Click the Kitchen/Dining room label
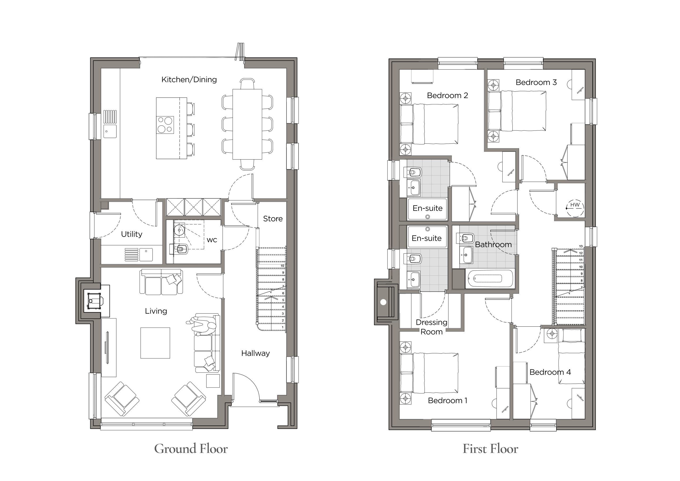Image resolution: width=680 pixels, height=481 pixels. tap(189, 80)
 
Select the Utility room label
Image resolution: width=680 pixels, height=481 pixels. tap(131, 234)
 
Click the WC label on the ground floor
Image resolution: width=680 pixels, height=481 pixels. tap(212, 240)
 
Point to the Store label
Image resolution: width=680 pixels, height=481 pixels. tap(273, 219)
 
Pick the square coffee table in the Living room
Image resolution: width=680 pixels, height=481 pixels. tap(155, 343)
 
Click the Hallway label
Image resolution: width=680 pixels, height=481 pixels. tap(255, 353)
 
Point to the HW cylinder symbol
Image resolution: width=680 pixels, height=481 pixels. tap(575, 208)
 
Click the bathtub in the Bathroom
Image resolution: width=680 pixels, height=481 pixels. tap(490, 279)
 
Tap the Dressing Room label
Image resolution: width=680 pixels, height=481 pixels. tap(432, 327)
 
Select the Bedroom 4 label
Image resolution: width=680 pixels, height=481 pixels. tap(550, 372)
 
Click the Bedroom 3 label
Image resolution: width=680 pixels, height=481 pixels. tap(536, 82)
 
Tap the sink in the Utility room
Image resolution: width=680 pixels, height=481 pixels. tap(146, 255)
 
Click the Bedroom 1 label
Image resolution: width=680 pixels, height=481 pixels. tap(448, 401)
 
